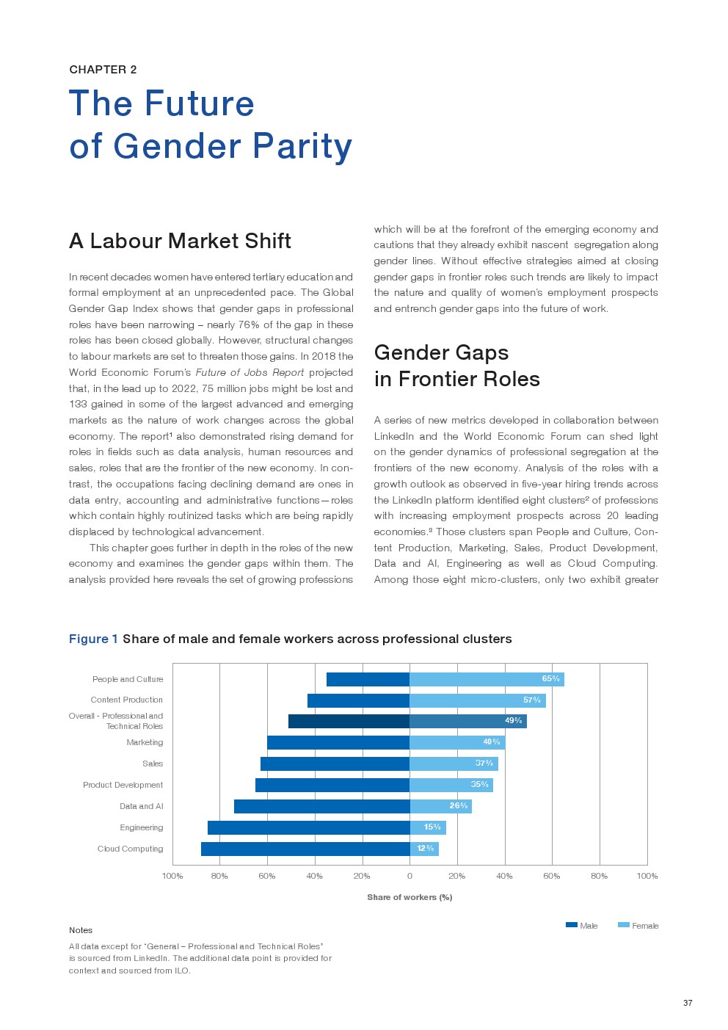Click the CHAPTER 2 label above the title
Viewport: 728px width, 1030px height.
pos(103,70)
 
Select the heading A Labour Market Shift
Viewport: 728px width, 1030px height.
pos(180,241)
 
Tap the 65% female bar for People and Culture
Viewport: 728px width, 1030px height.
pos(486,679)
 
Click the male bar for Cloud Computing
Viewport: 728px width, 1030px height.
pos(305,849)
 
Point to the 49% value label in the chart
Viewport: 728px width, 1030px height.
pos(513,721)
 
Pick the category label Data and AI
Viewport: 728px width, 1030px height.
pos(142,806)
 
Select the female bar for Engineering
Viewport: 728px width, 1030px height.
pos(427,827)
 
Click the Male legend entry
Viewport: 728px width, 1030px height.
pos(582,926)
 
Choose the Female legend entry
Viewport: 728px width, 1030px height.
pos(638,926)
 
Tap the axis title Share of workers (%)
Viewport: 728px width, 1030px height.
pos(409,897)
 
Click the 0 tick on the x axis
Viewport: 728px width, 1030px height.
pos(409,876)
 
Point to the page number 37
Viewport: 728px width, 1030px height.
pos(688,1003)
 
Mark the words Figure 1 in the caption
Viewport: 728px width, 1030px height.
pos(93,639)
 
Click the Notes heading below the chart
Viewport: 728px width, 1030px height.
pos(81,930)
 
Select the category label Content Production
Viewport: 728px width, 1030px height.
pos(127,700)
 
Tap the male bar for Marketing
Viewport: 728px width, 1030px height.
pos(338,742)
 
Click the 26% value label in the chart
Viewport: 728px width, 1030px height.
pos(459,806)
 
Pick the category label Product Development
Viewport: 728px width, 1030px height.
pos(123,785)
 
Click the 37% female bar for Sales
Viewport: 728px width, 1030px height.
pos(453,764)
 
